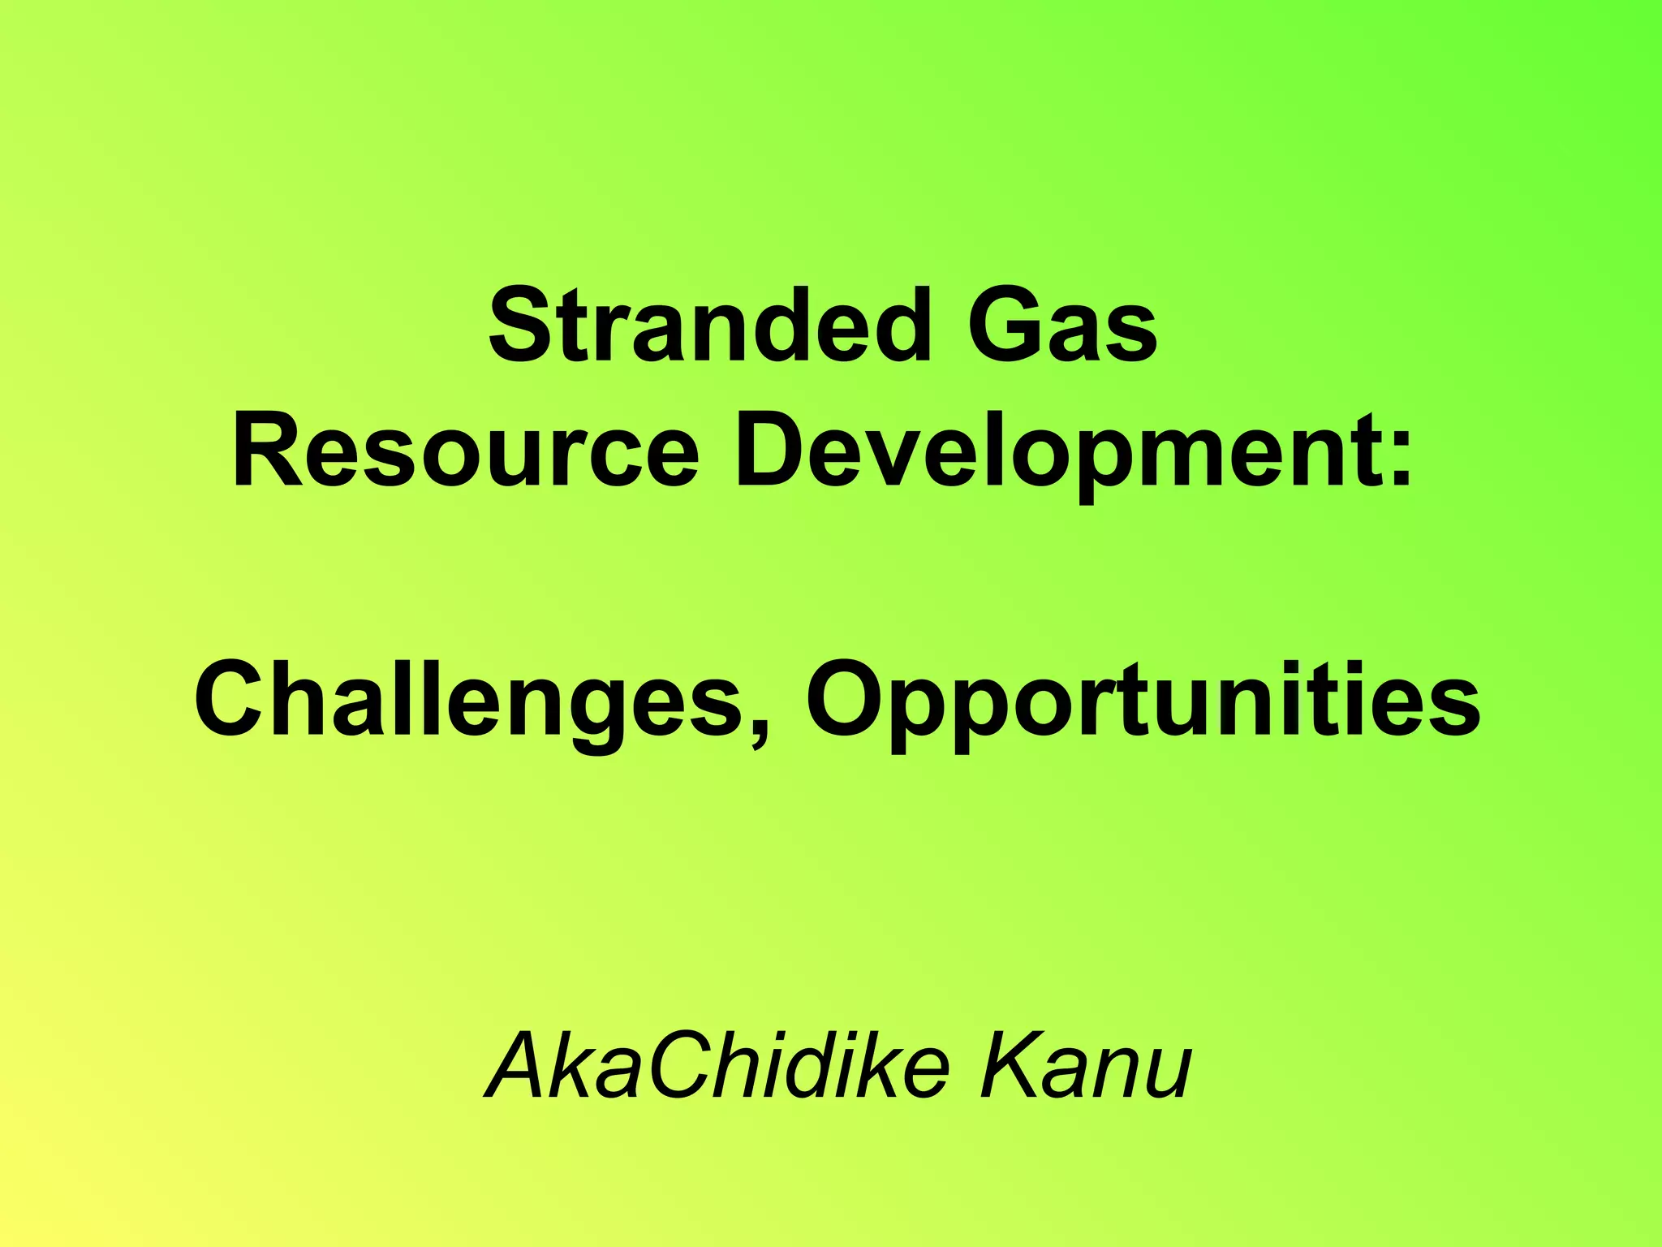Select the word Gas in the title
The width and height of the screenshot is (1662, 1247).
(x=1062, y=326)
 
